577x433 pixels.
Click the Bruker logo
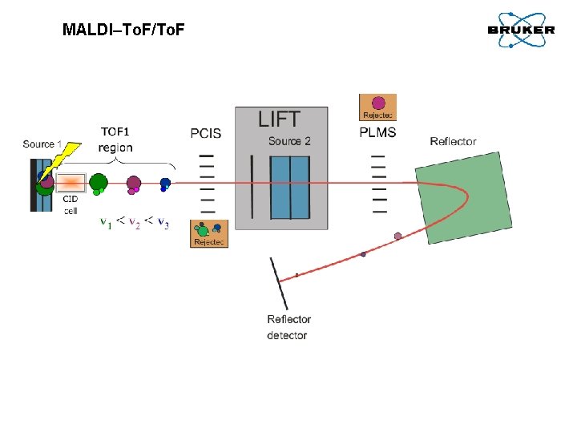click(x=520, y=30)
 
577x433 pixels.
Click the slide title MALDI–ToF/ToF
click(x=123, y=30)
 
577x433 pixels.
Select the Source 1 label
click(x=42, y=144)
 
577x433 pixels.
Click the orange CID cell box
click(x=71, y=183)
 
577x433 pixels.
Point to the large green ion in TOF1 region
click(x=99, y=183)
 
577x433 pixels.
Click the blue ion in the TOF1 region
click(x=165, y=184)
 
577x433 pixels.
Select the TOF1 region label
click(x=115, y=140)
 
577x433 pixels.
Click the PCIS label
click(x=206, y=133)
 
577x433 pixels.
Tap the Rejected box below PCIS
click(x=209, y=233)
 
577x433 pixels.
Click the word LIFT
click(x=279, y=119)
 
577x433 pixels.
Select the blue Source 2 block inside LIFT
click(x=289, y=188)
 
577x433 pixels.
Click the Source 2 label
click(x=289, y=141)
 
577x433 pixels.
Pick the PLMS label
click(x=377, y=132)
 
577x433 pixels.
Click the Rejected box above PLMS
click(x=378, y=107)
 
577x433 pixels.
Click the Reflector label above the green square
click(x=453, y=141)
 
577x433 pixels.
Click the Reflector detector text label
click(x=288, y=327)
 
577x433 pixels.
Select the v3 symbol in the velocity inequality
click(x=163, y=222)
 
